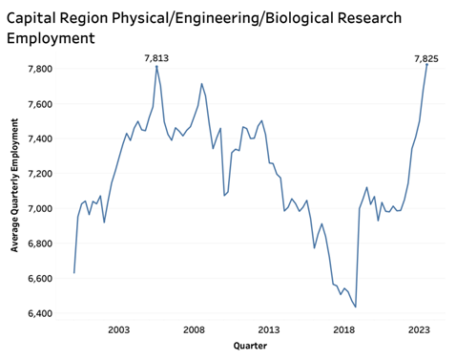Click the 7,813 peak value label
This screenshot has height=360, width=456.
pyautogui.click(x=156, y=58)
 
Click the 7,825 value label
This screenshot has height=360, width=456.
pyautogui.click(x=425, y=58)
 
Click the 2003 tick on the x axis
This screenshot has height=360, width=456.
pyautogui.click(x=119, y=329)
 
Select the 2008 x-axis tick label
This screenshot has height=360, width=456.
pyautogui.click(x=194, y=329)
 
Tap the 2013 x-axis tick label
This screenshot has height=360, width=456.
pyautogui.click(x=269, y=329)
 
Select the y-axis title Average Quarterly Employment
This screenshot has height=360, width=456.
pyautogui.click(x=14, y=191)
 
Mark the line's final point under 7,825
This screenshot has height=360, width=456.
pyautogui.click(x=426, y=65)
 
